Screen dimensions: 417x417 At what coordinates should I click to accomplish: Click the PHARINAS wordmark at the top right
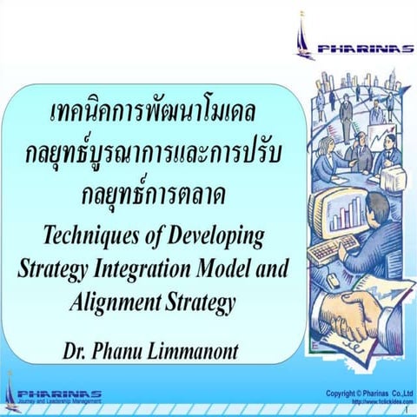click(x=364, y=50)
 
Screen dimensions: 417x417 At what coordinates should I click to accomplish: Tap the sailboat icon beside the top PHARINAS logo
click(x=304, y=36)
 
